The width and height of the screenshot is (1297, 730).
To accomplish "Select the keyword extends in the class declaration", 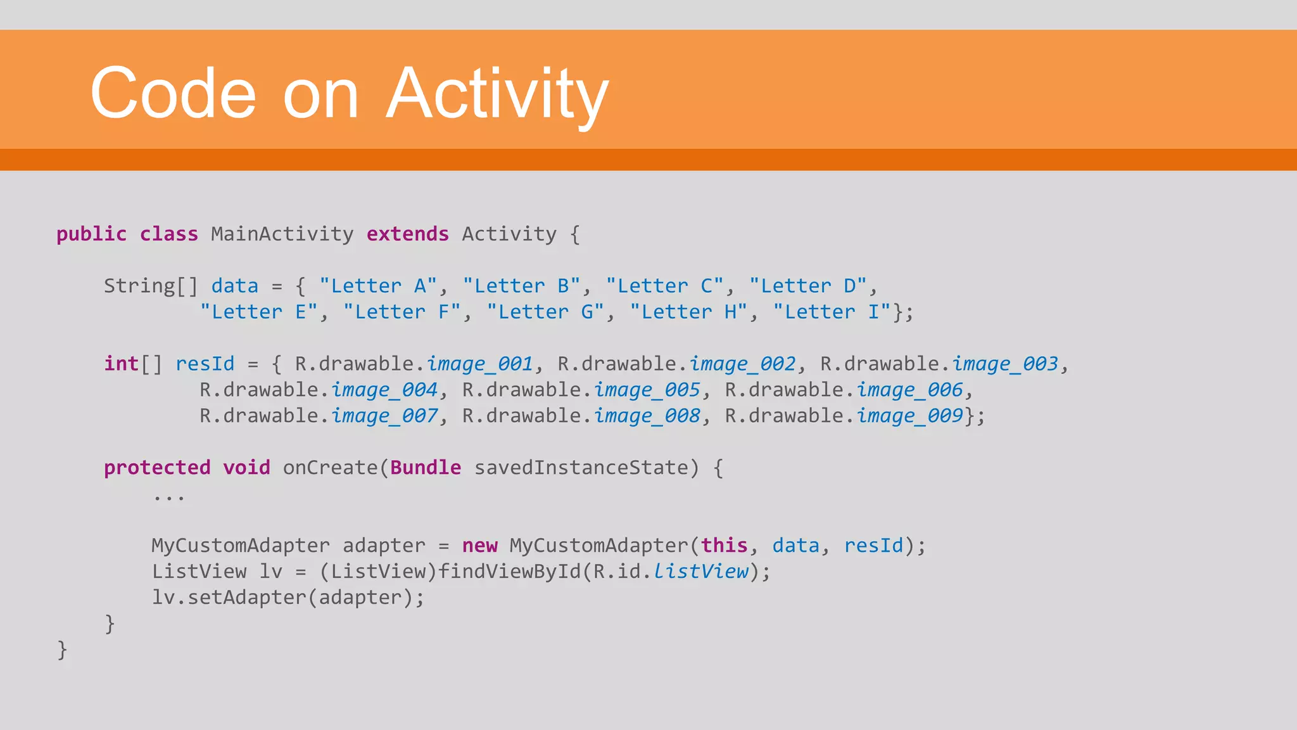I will click(x=407, y=234).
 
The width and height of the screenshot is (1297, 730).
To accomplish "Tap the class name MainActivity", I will click(x=282, y=234).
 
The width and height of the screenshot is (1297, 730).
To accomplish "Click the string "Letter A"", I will click(x=378, y=286).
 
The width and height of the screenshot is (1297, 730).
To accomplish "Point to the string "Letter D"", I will click(x=807, y=286).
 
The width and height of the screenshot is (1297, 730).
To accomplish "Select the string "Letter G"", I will click(x=545, y=312).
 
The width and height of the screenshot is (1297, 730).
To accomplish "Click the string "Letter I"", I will click(x=832, y=312).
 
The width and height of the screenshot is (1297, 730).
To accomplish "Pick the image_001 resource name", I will click(x=479, y=364).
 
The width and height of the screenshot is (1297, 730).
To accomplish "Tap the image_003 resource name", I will click(x=1005, y=364).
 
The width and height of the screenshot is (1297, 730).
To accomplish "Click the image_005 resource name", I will click(x=647, y=390).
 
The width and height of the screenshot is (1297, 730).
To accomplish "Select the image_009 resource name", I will click(x=909, y=416).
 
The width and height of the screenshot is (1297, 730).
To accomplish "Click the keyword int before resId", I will click(x=121, y=364).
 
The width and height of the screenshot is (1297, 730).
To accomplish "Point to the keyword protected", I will click(x=157, y=468).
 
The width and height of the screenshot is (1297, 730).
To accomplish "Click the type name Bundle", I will click(x=426, y=468).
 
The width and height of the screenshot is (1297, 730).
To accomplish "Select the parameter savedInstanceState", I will click(x=581, y=468).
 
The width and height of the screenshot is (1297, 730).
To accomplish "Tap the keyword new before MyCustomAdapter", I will click(x=479, y=546).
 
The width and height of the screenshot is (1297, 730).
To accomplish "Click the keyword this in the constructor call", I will click(x=724, y=546).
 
